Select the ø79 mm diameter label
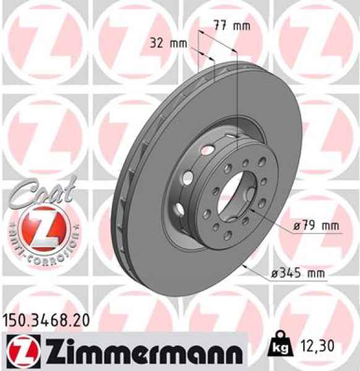tap(317, 226)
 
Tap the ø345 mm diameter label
tap(298, 273)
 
